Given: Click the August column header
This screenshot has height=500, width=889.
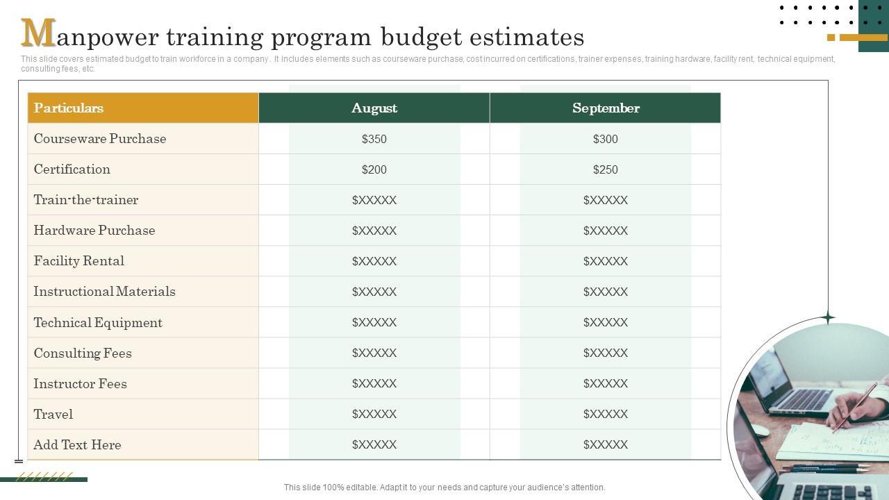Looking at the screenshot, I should (x=374, y=108).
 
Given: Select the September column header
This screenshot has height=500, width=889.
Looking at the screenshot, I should (x=605, y=108).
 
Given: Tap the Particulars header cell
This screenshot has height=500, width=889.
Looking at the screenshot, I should (x=69, y=108).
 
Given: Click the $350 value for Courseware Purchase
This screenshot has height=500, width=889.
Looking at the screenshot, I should (x=374, y=139).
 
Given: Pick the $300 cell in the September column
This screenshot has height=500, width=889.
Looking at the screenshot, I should (x=605, y=139).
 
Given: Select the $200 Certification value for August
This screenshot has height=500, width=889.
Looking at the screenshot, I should (x=374, y=169).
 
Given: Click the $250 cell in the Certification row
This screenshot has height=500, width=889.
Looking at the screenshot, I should (x=605, y=169).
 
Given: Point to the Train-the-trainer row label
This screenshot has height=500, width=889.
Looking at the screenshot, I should (x=86, y=200).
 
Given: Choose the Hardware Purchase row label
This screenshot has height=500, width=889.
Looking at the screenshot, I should (x=94, y=231).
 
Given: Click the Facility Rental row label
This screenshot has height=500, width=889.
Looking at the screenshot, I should (x=79, y=261).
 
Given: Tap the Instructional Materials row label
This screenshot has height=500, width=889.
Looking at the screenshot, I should (x=104, y=292).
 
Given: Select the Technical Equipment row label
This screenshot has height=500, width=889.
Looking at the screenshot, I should (x=98, y=322).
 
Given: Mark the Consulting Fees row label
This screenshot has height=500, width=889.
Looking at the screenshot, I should (x=83, y=353).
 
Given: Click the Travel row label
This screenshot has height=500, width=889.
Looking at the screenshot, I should (x=53, y=414).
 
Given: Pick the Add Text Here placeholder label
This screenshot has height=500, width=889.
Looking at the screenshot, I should (x=77, y=444).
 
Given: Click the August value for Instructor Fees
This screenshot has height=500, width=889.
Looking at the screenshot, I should (x=374, y=383).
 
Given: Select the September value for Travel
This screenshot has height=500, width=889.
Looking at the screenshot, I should (x=605, y=414).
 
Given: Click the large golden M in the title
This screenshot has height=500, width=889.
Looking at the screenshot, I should (x=38, y=33).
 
